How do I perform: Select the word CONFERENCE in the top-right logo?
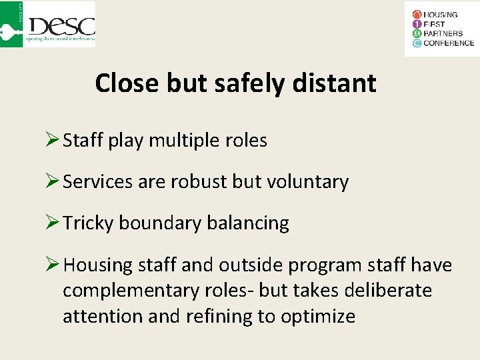point(449,43)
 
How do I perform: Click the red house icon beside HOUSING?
point(417,15)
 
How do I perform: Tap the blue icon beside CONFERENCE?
point(417,43)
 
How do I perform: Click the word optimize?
point(318,316)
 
